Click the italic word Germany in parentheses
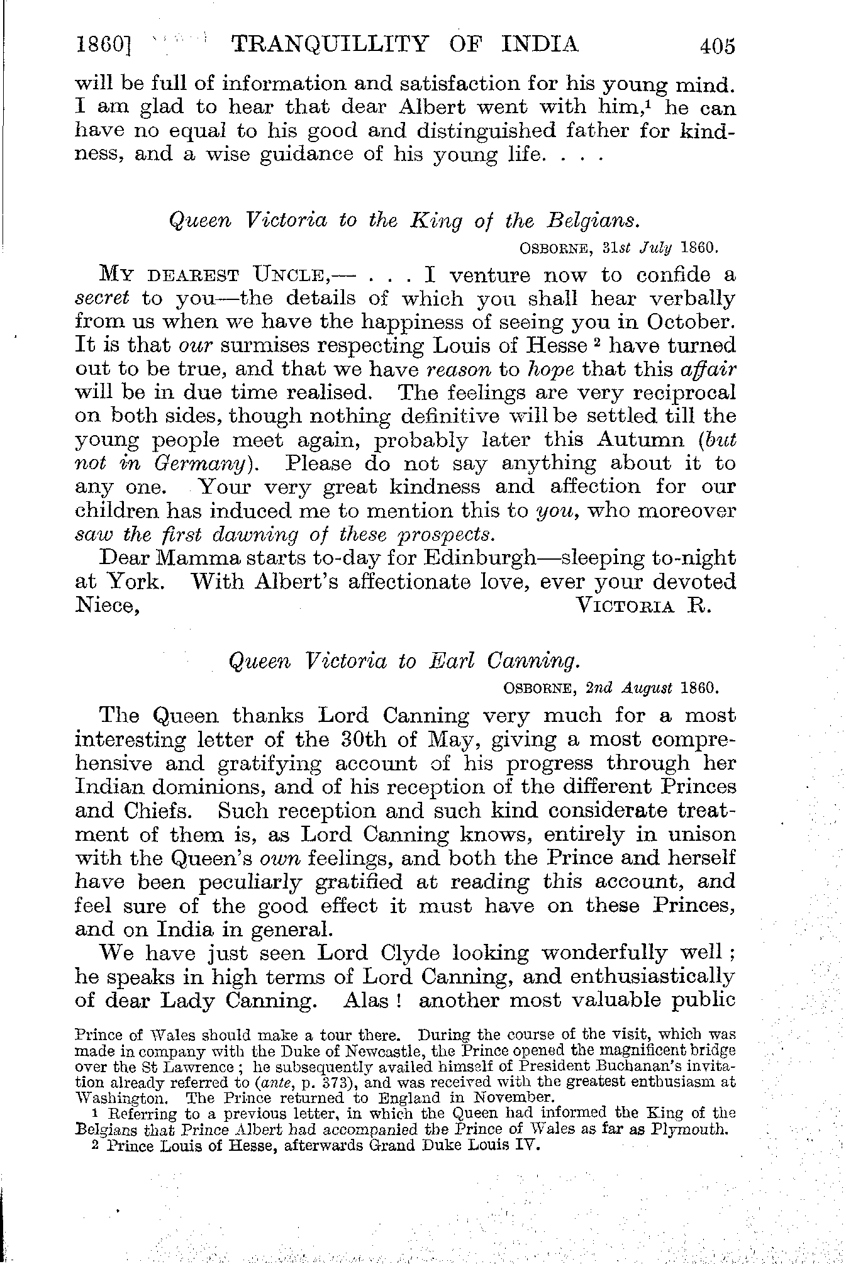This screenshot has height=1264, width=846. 203,463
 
